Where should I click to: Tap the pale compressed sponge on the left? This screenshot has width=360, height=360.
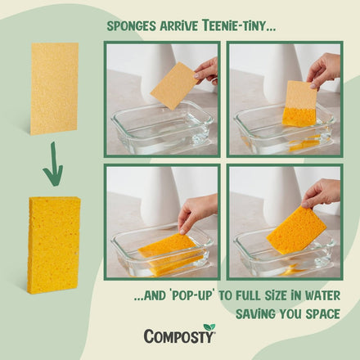(x=54, y=88)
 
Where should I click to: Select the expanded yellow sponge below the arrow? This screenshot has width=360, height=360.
(x=54, y=244)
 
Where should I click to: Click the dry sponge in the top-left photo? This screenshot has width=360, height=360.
(x=174, y=85)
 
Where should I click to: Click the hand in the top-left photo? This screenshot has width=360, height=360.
(x=207, y=70)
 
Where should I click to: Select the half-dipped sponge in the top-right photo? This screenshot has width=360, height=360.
(x=300, y=106)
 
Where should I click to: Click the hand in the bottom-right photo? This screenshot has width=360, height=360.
(x=323, y=194)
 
